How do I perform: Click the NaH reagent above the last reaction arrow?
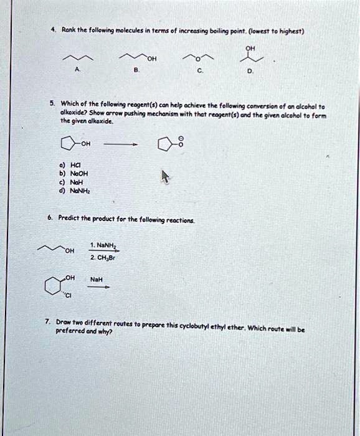click(x=99, y=280)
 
